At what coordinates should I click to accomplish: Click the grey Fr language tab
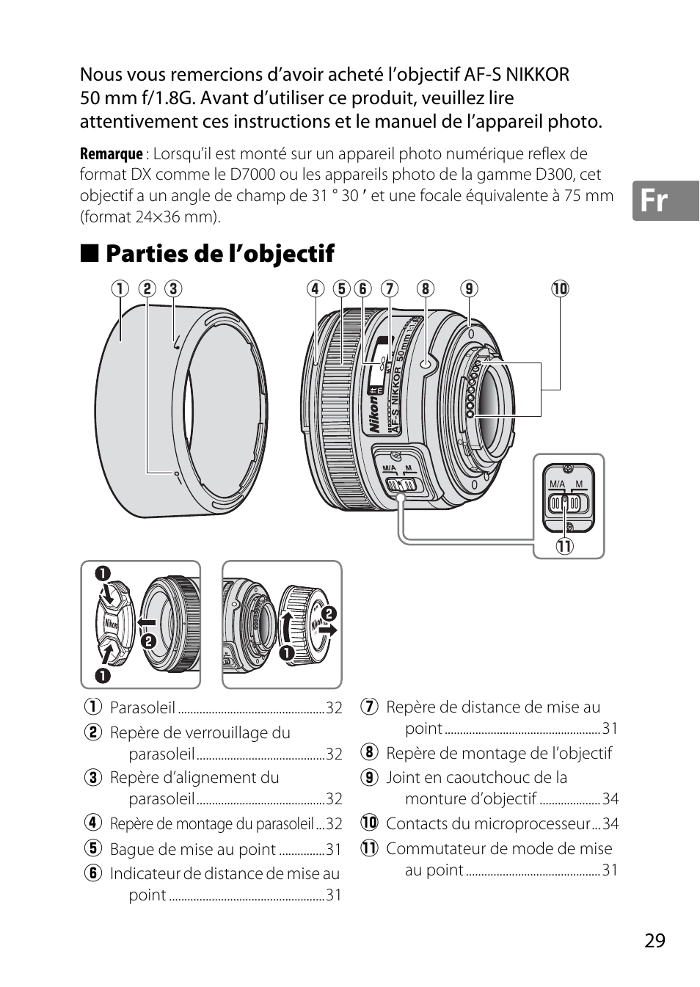[x=666, y=200]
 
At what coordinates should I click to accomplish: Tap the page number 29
[x=655, y=940]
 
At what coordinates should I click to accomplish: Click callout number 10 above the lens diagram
[x=560, y=289]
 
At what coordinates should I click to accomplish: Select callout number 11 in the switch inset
[x=564, y=547]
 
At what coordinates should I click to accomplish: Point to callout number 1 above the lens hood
[x=120, y=289]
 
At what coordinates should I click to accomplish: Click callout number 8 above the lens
[x=425, y=289]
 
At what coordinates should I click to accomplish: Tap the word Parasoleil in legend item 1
[x=143, y=707]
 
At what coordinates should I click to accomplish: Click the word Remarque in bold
[x=112, y=154]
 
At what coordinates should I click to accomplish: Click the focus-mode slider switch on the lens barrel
[x=401, y=484]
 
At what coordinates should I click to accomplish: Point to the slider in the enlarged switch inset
[x=564, y=503]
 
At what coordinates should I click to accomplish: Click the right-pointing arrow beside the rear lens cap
[x=328, y=630]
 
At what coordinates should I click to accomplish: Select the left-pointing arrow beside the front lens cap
[x=146, y=622]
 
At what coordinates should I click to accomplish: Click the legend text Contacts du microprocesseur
[x=488, y=823]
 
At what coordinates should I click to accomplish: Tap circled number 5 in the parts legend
[x=93, y=848]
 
